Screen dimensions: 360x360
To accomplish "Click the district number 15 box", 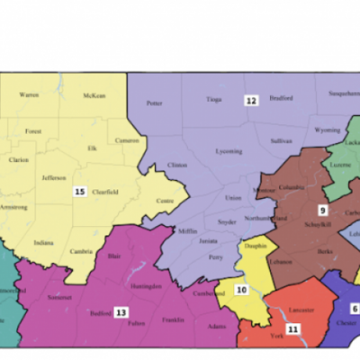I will pyautogui.click(x=80, y=192).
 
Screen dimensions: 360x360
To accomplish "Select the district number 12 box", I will pyautogui.click(x=251, y=101).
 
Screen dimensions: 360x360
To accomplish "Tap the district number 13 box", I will pyautogui.click(x=120, y=311).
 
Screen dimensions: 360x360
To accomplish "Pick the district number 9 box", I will pyautogui.click(x=321, y=210).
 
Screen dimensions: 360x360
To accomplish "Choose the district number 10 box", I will pyautogui.click(x=241, y=290).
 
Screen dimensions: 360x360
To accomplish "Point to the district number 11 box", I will pyautogui.click(x=292, y=330).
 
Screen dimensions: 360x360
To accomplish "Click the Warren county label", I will pyautogui.click(x=30, y=94).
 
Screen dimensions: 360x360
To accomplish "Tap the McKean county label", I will pyautogui.click(x=94, y=95).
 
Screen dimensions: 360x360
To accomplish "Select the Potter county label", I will pyautogui.click(x=154, y=103).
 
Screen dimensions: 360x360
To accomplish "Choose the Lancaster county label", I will pyautogui.click(x=301, y=310).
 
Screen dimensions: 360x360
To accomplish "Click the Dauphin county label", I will pyautogui.click(x=254, y=244).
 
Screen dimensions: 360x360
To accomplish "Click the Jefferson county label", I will pyautogui.click(x=54, y=178).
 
